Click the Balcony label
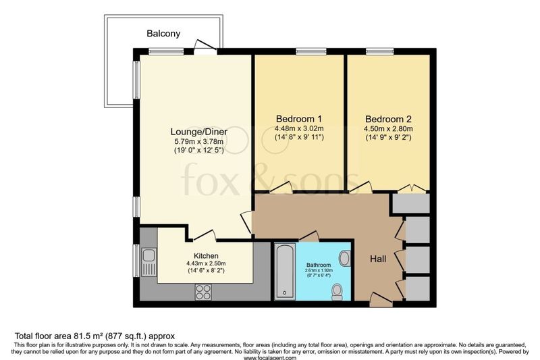[163, 33]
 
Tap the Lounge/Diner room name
[198, 132]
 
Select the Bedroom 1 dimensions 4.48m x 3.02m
[299, 128]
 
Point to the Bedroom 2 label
[388, 119]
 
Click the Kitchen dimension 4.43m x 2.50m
[206, 263]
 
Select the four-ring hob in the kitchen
[203, 292]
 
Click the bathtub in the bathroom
[285, 272]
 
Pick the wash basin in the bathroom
[344, 258]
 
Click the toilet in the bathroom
[336, 292]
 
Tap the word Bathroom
[319, 265]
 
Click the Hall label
[378, 259]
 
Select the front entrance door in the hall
[381, 300]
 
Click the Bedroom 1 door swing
[281, 187]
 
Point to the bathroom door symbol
[309, 236]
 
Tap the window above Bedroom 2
[379, 52]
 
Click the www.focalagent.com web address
[270, 357]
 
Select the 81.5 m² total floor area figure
[89, 336]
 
